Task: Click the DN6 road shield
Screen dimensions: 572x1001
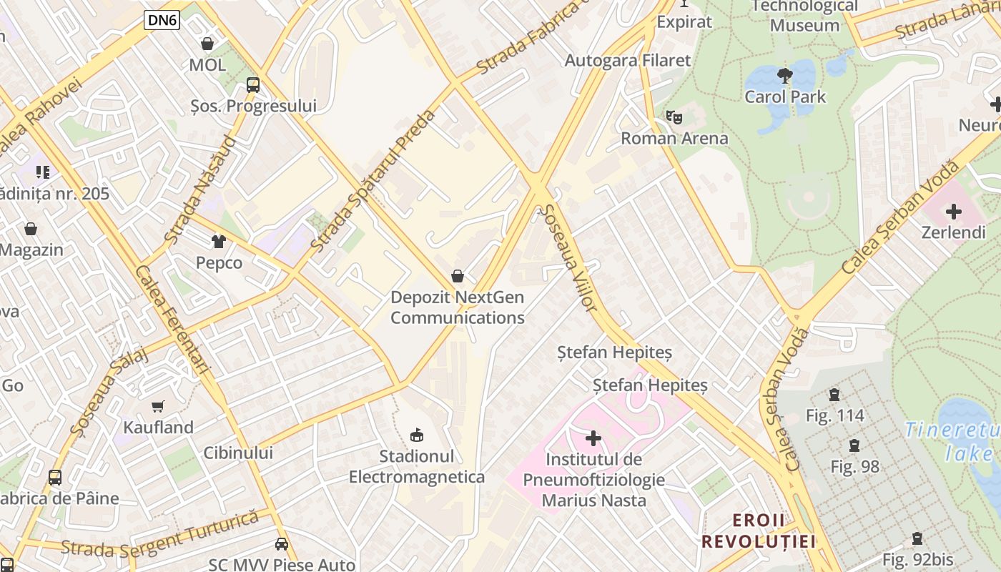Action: click(x=162, y=20)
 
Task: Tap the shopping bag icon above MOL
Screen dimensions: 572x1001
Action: click(x=207, y=44)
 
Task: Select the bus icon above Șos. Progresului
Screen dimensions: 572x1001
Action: click(x=253, y=85)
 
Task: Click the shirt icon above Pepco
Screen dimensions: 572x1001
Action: click(x=219, y=242)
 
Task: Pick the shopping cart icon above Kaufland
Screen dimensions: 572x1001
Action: click(x=158, y=406)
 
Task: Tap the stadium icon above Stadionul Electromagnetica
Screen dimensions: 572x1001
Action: click(x=417, y=434)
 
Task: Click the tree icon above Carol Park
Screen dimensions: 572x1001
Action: click(x=784, y=75)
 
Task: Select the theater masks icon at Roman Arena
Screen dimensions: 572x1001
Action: click(x=674, y=117)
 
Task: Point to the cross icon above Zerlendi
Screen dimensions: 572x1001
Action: click(x=953, y=212)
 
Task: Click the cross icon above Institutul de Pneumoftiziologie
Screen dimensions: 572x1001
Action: click(x=593, y=438)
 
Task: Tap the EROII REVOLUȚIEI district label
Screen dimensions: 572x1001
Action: click(x=759, y=531)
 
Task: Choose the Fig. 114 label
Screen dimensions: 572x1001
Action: click(x=834, y=415)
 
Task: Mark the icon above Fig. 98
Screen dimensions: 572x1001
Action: click(x=854, y=445)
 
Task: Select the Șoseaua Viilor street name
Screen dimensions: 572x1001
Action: click(x=569, y=258)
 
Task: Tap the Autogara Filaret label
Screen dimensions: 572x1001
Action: click(x=628, y=61)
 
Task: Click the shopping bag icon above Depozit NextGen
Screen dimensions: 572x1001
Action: click(x=458, y=276)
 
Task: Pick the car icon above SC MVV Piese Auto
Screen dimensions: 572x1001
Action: click(x=282, y=544)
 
